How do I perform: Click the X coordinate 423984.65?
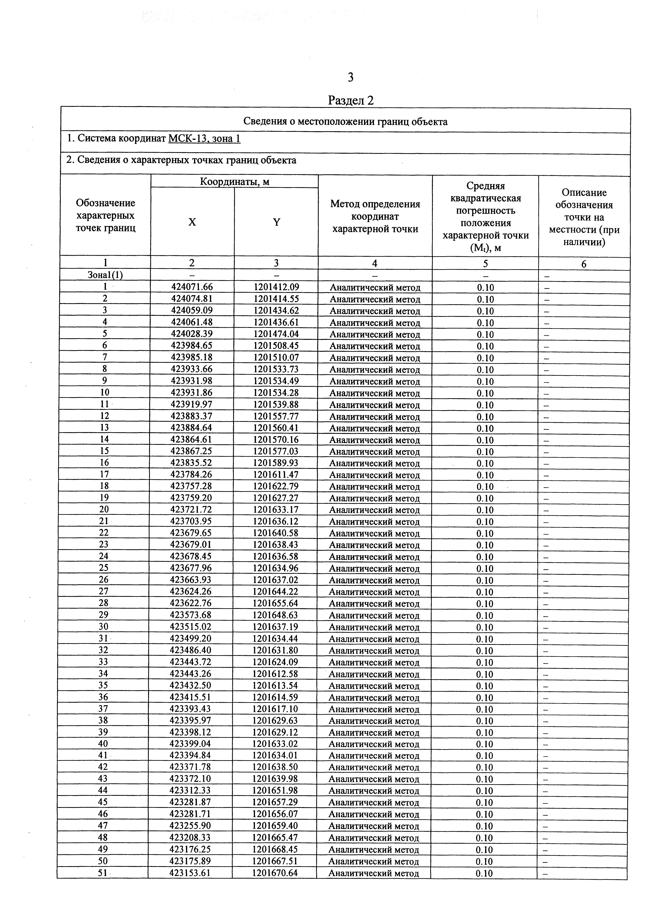click(x=191, y=345)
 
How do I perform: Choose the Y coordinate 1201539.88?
click(x=276, y=404)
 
